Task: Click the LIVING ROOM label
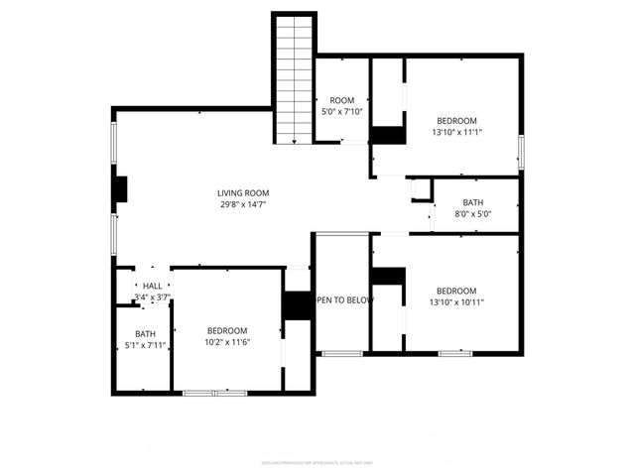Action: point(243,193)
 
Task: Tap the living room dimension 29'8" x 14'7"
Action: point(243,205)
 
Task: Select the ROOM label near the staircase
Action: point(342,100)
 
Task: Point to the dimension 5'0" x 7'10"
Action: point(342,112)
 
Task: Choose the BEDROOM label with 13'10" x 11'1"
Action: point(456,120)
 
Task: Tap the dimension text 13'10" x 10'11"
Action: point(456,302)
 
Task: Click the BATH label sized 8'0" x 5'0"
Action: point(472,202)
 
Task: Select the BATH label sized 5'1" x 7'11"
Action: point(145,334)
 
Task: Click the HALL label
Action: point(152,286)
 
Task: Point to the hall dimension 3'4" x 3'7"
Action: point(152,297)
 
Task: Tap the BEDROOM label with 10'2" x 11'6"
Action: point(227,330)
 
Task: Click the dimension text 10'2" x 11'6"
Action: point(227,342)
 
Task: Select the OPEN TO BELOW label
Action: point(343,300)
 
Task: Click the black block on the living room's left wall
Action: point(120,189)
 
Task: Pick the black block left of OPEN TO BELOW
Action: point(298,305)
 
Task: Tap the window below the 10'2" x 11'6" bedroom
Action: point(214,394)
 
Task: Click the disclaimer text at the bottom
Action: point(317,462)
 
